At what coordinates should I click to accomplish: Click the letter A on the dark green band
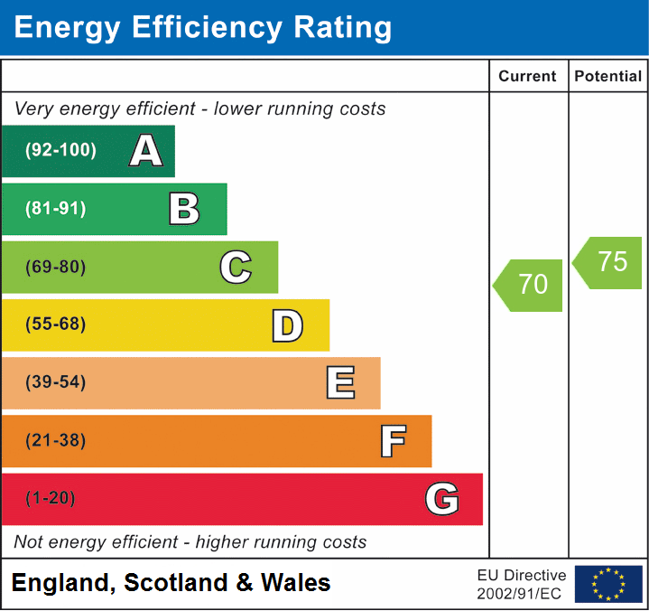pyautogui.click(x=146, y=151)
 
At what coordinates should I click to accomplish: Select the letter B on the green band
pyautogui.click(x=184, y=209)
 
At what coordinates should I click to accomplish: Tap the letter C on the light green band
pyautogui.click(x=236, y=267)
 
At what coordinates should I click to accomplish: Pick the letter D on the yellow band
pyautogui.click(x=287, y=325)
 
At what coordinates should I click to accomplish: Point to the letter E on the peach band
pyautogui.click(x=339, y=383)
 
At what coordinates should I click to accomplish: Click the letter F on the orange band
pyautogui.click(x=393, y=441)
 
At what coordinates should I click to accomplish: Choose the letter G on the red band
pyautogui.click(x=442, y=499)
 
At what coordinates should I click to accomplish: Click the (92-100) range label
pyautogui.click(x=61, y=151)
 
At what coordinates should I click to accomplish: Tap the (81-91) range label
pyautogui.click(x=56, y=209)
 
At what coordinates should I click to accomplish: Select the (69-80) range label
pyautogui.click(x=56, y=267)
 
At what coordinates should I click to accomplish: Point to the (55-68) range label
pyautogui.click(x=56, y=324)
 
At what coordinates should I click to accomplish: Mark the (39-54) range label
pyautogui.click(x=56, y=382)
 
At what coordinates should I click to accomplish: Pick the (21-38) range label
pyautogui.click(x=56, y=441)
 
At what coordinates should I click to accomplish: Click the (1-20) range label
pyautogui.click(x=51, y=499)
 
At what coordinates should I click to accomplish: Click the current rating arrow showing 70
pyautogui.click(x=529, y=285)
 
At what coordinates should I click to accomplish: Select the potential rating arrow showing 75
pyautogui.click(x=609, y=262)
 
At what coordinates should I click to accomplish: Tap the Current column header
pyautogui.click(x=528, y=77)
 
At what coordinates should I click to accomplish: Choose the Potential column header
pyautogui.click(x=608, y=77)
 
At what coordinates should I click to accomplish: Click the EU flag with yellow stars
pyautogui.click(x=608, y=584)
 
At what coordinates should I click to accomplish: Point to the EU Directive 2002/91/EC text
pyautogui.click(x=522, y=584)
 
